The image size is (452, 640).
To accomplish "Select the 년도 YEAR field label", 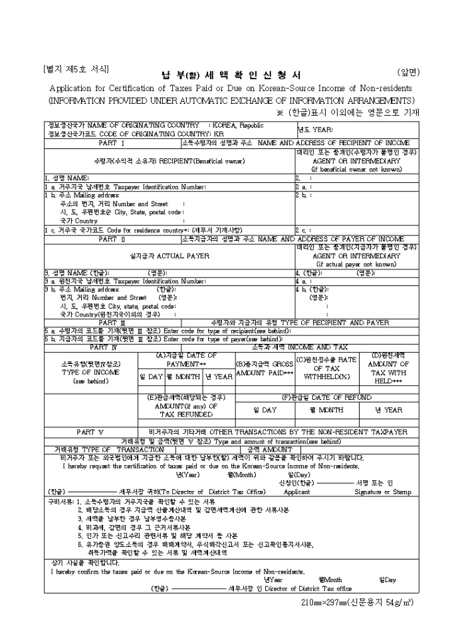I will point(314,130).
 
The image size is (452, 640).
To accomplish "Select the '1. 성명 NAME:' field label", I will point(66,178).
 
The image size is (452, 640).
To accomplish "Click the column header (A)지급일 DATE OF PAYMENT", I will point(186,360).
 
